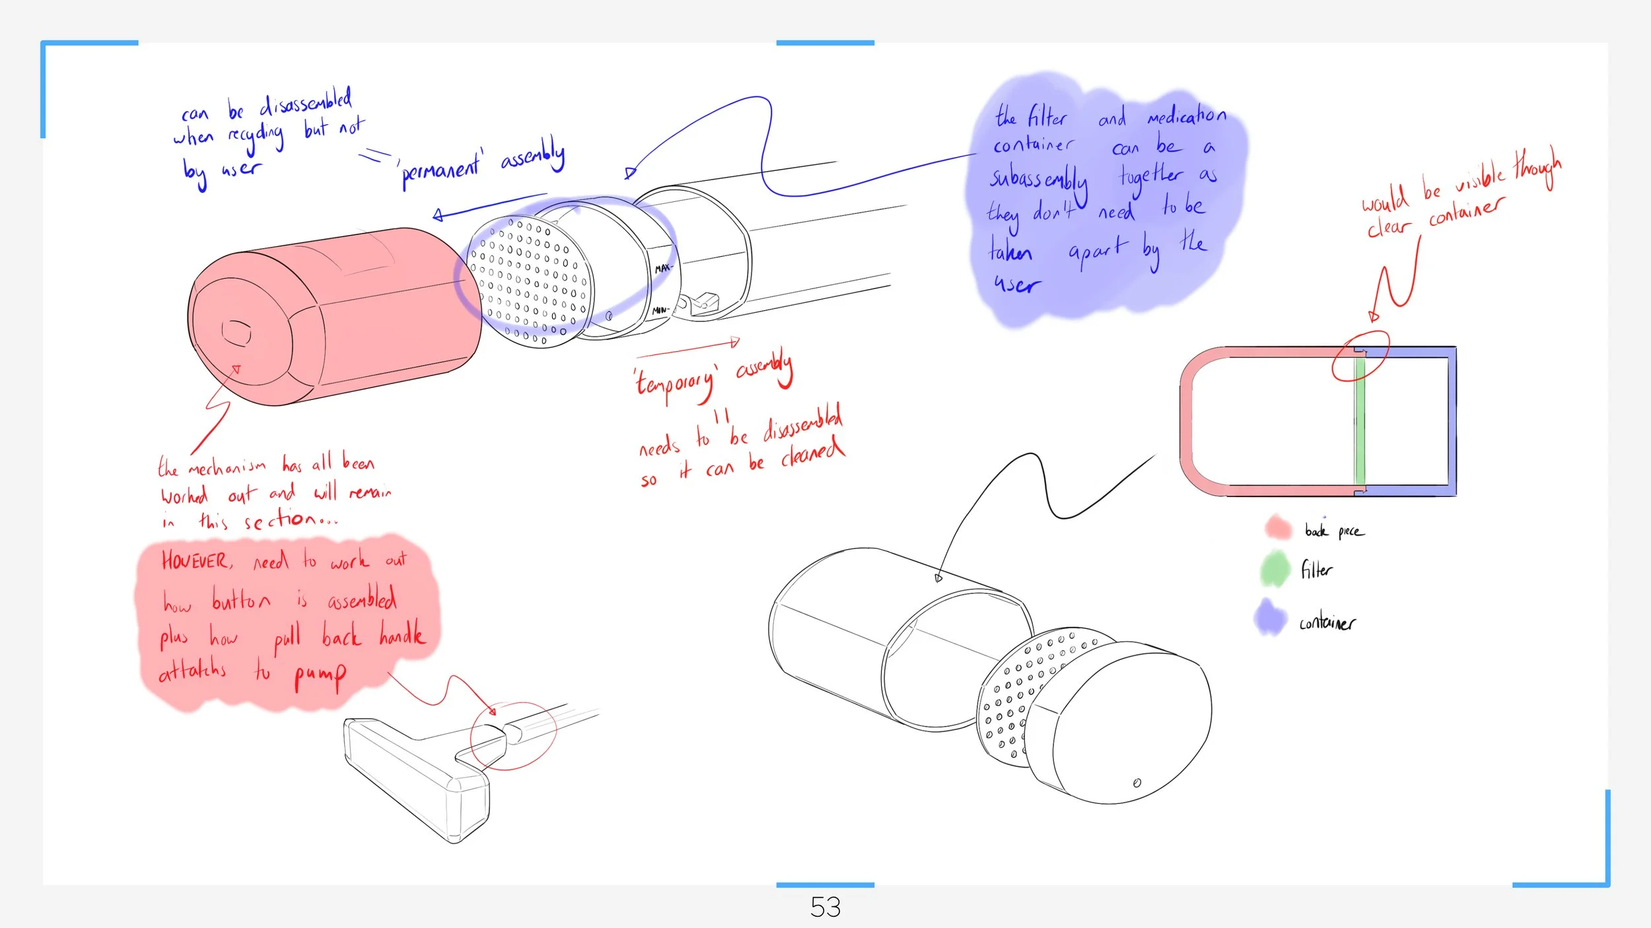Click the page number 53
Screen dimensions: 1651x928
pyautogui.click(x=825, y=908)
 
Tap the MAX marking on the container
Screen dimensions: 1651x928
pyautogui.click(x=663, y=268)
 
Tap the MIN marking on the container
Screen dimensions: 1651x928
pyautogui.click(x=660, y=310)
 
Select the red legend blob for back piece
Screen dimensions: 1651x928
pyautogui.click(x=1278, y=527)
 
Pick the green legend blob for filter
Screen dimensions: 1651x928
pyautogui.click(x=1275, y=568)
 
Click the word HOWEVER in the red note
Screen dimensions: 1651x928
pyautogui.click(x=196, y=561)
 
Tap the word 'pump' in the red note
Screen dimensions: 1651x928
pyautogui.click(x=320, y=675)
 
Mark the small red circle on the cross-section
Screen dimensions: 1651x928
pyautogui.click(x=1360, y=356)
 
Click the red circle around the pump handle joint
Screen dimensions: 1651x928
pyautogui.click(x=513, y=736)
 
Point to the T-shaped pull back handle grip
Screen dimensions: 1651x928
pyautogui.click(x=416, y=779)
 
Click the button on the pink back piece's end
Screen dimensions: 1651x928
pyautogui.click(x=236, y=333)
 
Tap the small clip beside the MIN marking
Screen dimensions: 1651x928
pyautogui.click(x=704, y=302)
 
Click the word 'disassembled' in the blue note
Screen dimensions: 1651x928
pyautogui.click(x=305, y=102)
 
